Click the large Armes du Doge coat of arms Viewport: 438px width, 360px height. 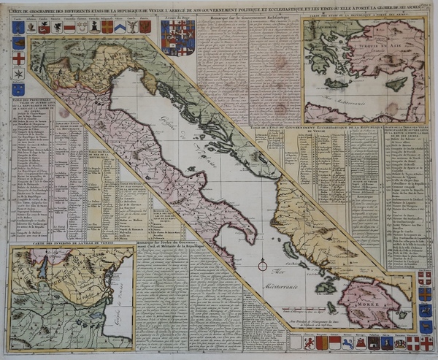177,37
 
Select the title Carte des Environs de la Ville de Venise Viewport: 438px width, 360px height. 69,243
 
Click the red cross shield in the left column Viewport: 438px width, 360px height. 19,58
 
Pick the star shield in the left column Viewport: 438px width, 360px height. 19,74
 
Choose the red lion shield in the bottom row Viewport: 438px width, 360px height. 347,342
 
